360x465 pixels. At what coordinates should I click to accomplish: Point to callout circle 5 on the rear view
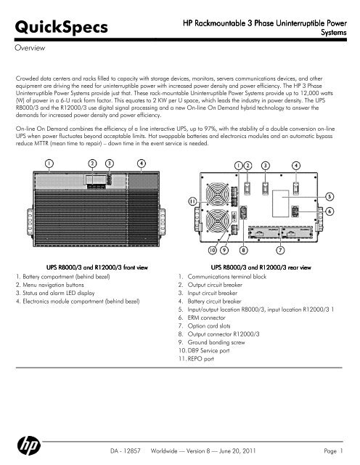click(x=330, y=197)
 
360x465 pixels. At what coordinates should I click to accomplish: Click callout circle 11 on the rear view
click(x=193, y=200)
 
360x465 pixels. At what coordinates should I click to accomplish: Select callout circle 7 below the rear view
click(x=281, y=250)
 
